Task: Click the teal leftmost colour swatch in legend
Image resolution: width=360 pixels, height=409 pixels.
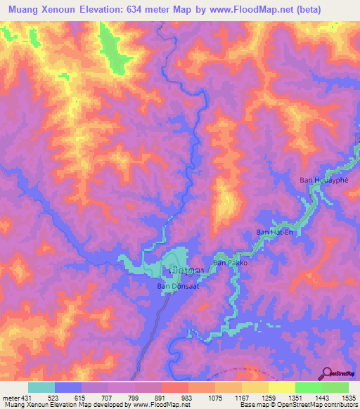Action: [41, 387]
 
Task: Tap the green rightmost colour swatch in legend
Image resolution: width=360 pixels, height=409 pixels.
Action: [335, 387]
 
